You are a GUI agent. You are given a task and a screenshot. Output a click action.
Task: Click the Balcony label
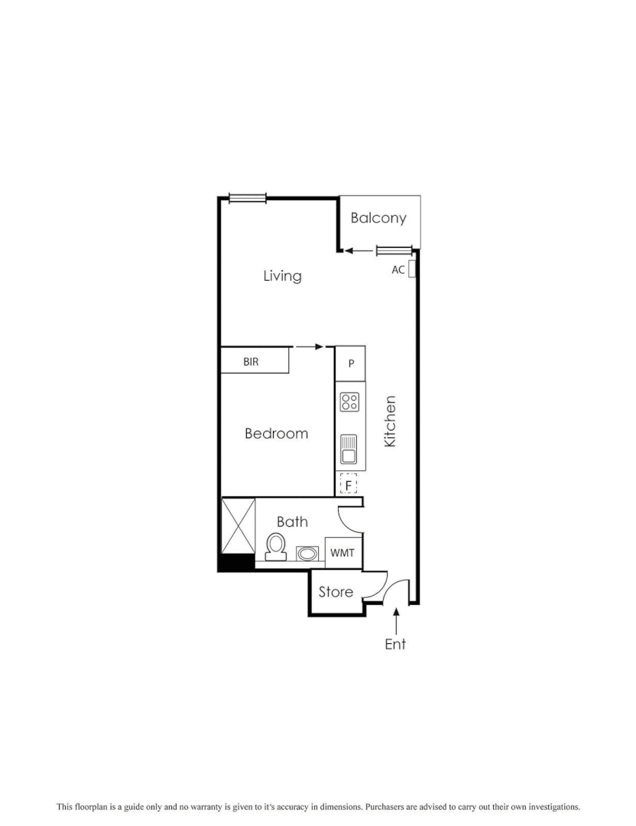(x=378, y=218)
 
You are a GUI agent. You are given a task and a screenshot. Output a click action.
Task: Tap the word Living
(x=282, y=275)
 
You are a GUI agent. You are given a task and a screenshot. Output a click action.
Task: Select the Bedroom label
(x=276, y=434)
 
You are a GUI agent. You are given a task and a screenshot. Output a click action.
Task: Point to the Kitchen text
(x=390, y=421)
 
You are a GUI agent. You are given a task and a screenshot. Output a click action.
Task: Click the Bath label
(x=292, y=522)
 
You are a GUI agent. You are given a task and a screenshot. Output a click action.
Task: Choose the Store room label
(x=336, y=592)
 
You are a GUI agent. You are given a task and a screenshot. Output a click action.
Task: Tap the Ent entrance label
(x=395, y=644)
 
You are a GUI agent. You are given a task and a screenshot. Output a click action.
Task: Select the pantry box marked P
(x=351, y=363)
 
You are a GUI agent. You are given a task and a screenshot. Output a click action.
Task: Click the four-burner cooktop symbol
(x=350, y=402)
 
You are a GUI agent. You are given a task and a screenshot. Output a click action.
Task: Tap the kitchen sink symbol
(x=349, y=449)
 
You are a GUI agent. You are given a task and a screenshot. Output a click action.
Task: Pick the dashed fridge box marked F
(x=349, y=484)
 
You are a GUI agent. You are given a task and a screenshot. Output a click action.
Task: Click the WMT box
(x=342, y=553)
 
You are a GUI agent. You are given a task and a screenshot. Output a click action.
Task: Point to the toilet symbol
(x=276, y=546)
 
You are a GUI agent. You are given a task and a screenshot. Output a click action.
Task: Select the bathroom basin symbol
(x=307, y=553)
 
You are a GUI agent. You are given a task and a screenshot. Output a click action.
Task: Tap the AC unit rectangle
(x=411, y=269)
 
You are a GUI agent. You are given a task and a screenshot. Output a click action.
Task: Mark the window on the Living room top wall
(x=247, y=199)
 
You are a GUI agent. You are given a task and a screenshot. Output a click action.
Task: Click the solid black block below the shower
(x=236, y=562)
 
